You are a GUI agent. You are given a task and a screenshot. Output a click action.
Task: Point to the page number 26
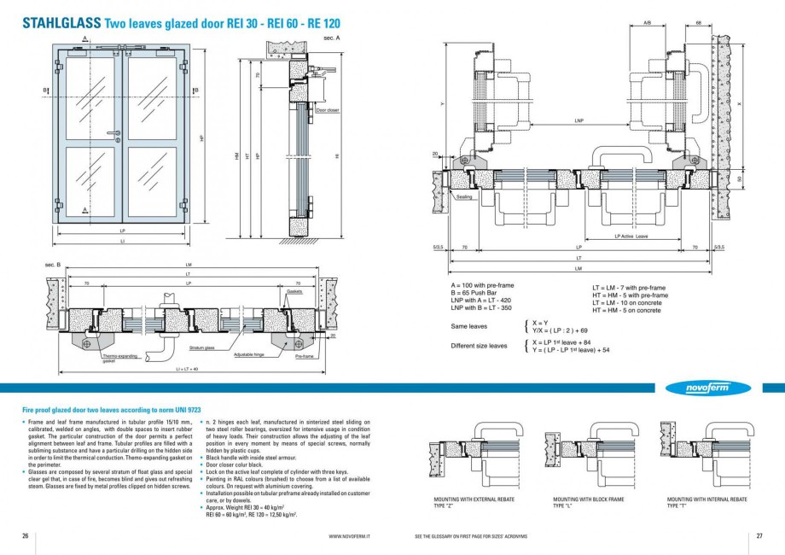coord(26,536)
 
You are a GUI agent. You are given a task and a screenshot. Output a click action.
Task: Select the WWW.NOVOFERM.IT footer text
coord(348,536)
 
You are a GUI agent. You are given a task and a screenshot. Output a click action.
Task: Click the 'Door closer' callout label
coord(328,110)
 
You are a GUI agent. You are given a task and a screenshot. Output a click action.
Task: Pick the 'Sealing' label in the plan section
coord(464,197)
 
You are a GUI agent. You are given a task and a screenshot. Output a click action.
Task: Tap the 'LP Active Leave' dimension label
coord(631,237)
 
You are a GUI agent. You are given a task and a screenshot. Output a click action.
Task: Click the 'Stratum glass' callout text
coord(202,348)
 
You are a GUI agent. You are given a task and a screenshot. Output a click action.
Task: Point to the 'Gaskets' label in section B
coord(294,291)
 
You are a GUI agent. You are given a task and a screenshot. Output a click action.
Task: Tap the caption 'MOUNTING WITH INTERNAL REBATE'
coord(706,499)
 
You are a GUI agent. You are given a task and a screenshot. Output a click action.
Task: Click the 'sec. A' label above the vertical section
coord(332,38)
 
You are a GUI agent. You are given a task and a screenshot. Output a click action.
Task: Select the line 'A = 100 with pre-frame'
coord(482,283)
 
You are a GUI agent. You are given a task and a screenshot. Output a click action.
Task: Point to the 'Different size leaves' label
coord(479,346)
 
